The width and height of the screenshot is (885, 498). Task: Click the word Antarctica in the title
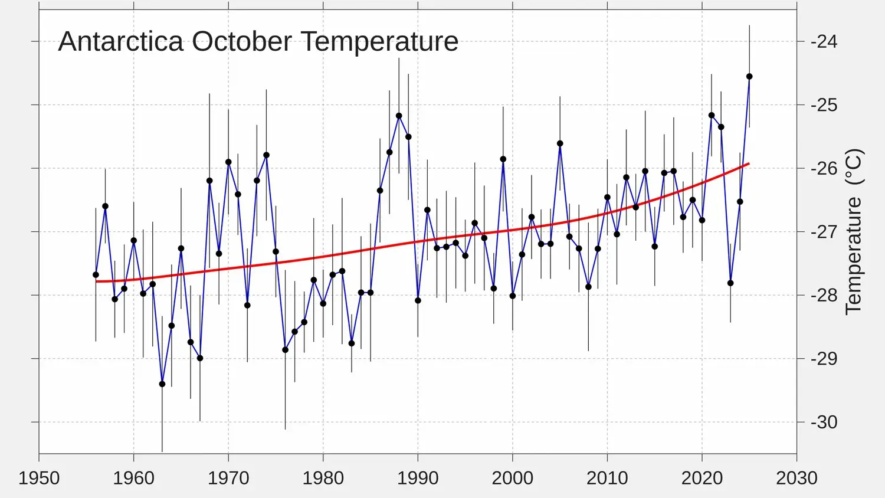[x=121, y=42]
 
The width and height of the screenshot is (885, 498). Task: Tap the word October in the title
[x=242, y=42]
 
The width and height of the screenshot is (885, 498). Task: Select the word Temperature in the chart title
[x=379, y=42]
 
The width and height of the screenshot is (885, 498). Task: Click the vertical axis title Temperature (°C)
[x=854, y=231]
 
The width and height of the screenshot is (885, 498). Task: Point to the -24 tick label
[x=824, y=41]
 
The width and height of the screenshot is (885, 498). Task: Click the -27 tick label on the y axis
[x=824, y=231]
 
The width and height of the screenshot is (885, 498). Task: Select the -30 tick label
[x=824, y=422]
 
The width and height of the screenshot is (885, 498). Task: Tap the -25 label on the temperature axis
[x=824, y=105]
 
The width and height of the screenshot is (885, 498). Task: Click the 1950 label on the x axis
[x=39, y=477]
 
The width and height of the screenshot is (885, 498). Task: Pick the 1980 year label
[x=323, y=477]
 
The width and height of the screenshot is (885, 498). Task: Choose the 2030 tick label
[x=796, y=477]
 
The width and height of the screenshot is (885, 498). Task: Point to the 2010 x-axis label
[x=607, y=477]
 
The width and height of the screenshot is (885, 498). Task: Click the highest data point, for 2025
[x=749, y=77]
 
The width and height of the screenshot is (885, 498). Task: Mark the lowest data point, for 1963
[x=162, y=384]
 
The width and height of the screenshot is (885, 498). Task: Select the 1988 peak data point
[x=399, y=116]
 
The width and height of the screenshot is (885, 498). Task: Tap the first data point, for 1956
[x=96, y=275]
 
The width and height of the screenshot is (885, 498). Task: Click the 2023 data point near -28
[x=730, y=283]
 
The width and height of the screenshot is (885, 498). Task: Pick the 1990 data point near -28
[x=418, y=300]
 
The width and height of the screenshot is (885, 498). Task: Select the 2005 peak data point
[x=560, y=143]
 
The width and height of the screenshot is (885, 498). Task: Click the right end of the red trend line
[x=749, y=163]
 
